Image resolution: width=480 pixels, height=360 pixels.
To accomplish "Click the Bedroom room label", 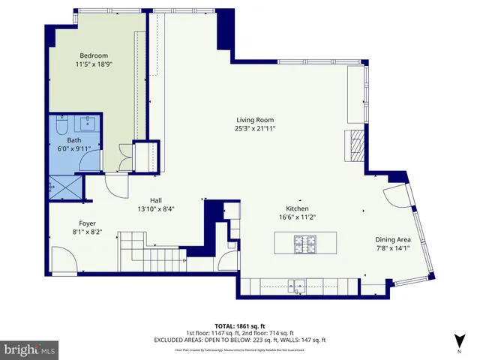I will [x=95, y=55].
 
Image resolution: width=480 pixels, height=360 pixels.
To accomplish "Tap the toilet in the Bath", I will [x=62, y=125].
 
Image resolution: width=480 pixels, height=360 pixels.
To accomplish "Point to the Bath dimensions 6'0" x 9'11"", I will [x=73, y=148].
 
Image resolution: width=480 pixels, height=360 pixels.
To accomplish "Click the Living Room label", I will [x=255, y=119].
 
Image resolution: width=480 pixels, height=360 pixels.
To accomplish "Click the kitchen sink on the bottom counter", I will [x=299, y=284].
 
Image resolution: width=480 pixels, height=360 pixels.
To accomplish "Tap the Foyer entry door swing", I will [x=66, y=262].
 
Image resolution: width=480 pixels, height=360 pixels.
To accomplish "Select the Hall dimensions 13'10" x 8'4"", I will [x=156, y=209].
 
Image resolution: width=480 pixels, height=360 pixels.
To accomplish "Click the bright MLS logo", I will [x=30, y=349].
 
